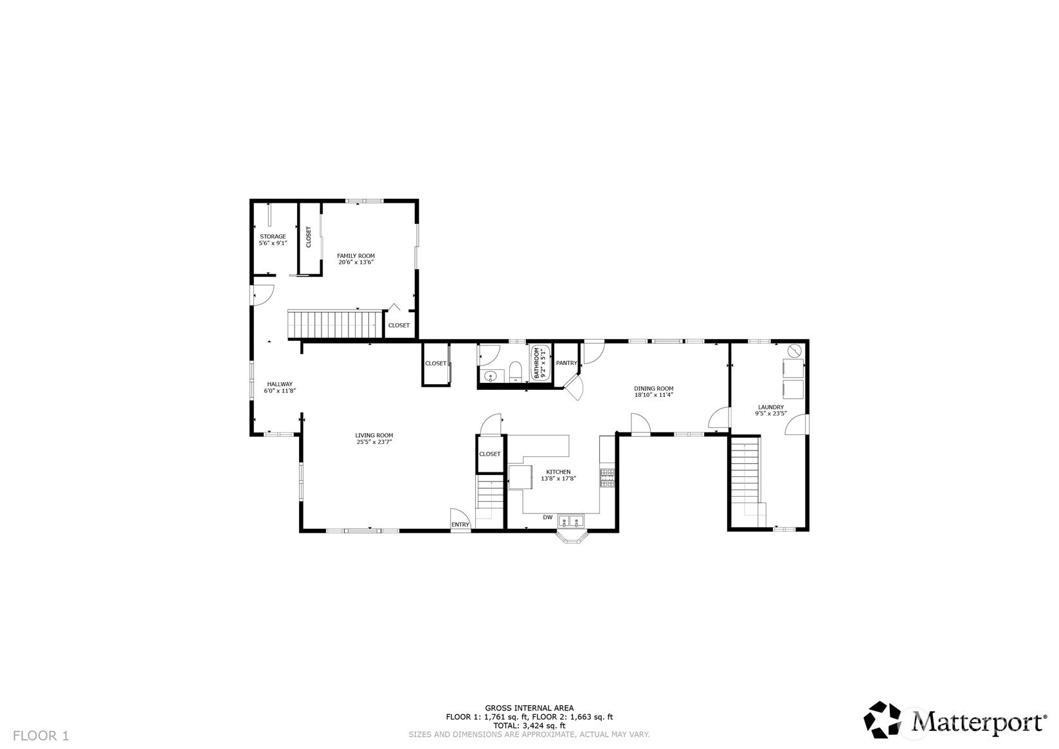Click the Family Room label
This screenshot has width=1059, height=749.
[x=356, y=255]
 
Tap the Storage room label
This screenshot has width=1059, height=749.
[x=273, y=237]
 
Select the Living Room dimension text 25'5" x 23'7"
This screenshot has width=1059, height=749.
[x=374, y=443]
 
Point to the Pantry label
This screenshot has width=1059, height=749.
[x=566, y=363]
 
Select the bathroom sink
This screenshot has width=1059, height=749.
[x=492, y=376]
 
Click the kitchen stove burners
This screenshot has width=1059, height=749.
[x=608, y=478]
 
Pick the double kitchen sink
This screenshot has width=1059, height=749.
[x=571, y=521]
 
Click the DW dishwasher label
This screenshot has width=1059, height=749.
[x=547, y=517]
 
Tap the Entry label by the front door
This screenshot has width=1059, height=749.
[x=460, y=524]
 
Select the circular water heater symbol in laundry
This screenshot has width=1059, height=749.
[x=795, y=351]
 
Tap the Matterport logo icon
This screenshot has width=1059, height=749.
[x=882, y=720]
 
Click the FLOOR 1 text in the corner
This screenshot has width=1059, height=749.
[x=41, y=735]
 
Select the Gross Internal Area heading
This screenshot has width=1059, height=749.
[x=529, y=708]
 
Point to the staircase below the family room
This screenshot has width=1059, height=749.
[x=335, y=324]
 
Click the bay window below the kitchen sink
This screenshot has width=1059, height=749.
[x=572, y=537]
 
